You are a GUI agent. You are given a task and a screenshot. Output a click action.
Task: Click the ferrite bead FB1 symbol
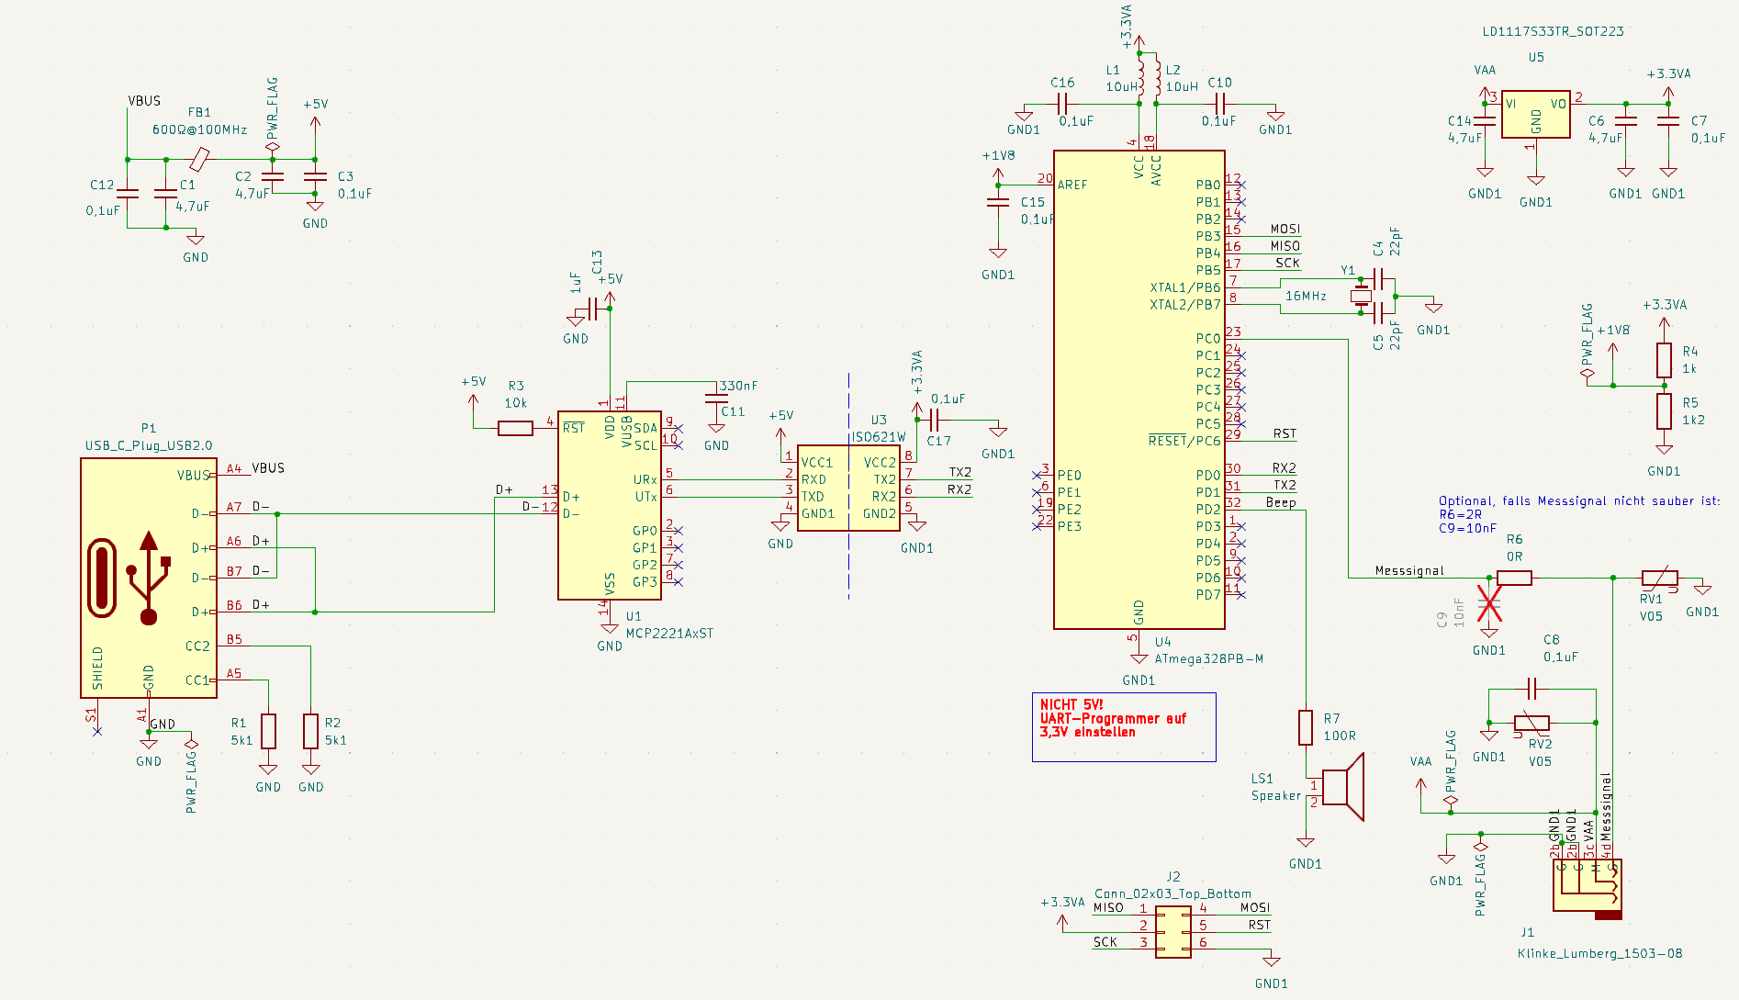point(199,160)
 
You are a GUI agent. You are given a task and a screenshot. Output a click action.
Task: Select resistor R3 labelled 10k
point(515,428)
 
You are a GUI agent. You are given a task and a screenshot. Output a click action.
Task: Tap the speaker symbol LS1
point(1342,787)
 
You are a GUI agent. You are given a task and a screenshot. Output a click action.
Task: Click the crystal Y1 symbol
point(1361,296)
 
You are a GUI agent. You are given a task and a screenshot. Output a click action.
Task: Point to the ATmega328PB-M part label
point(1208,658)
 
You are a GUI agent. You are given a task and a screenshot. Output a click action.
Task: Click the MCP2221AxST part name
point(669,633)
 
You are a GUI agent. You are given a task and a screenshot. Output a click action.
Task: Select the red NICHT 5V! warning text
point(1071,704)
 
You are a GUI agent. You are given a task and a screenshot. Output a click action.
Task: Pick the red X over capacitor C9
point(1489,604)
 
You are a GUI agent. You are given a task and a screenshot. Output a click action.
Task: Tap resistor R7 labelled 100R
point(1306,727)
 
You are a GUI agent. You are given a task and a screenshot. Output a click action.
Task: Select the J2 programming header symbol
point(1172,932)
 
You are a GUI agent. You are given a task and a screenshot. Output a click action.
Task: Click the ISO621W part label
point(879,437)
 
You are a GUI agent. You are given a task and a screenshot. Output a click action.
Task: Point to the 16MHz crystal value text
point(1306,296)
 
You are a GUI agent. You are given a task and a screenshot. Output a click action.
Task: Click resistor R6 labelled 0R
point(1514,578)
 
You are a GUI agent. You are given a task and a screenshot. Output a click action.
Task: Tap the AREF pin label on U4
point(1072,185)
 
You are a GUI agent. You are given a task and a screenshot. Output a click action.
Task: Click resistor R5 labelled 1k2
point(1664,411)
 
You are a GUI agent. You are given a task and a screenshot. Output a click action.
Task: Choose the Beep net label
point(1281,502)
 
